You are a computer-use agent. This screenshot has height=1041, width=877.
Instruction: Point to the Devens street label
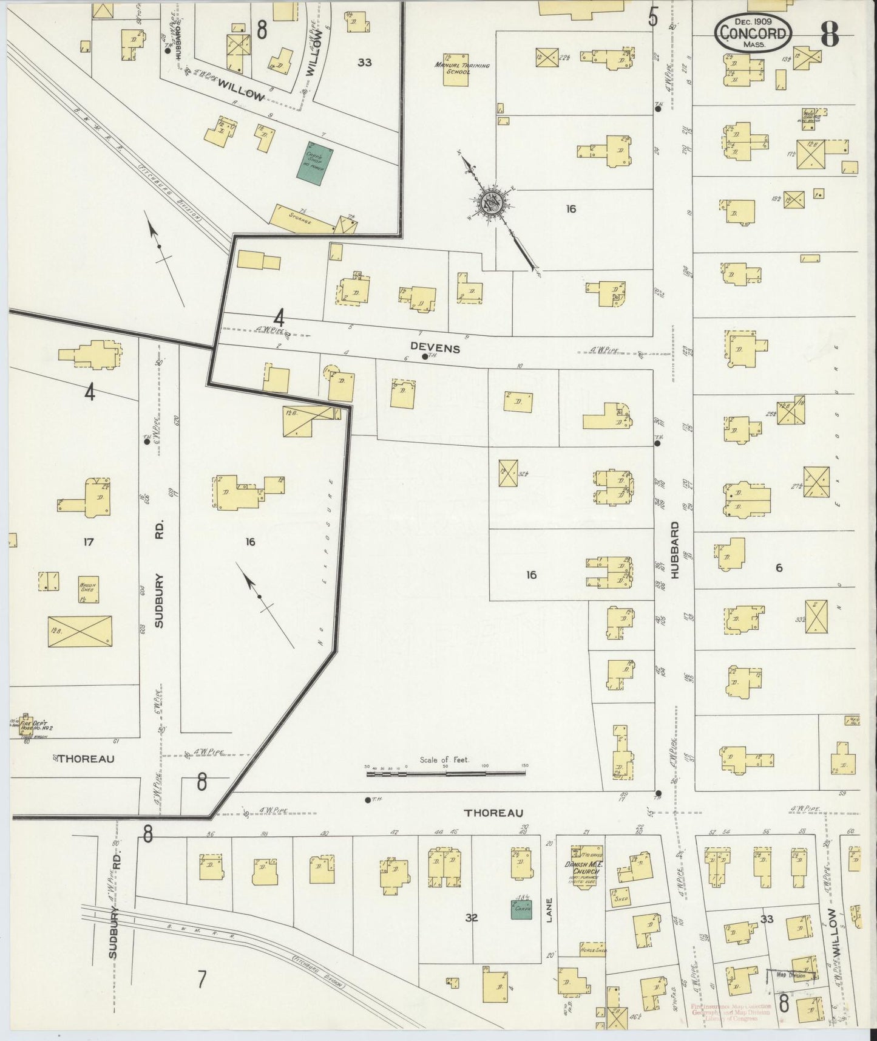[435, 349]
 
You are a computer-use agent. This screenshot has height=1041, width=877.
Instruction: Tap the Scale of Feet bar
[446, 773]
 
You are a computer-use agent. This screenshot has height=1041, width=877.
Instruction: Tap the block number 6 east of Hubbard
[779, 568]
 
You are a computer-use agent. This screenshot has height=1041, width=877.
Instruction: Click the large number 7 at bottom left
[202, 978]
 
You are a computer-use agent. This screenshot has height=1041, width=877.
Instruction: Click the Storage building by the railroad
[301, 220]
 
